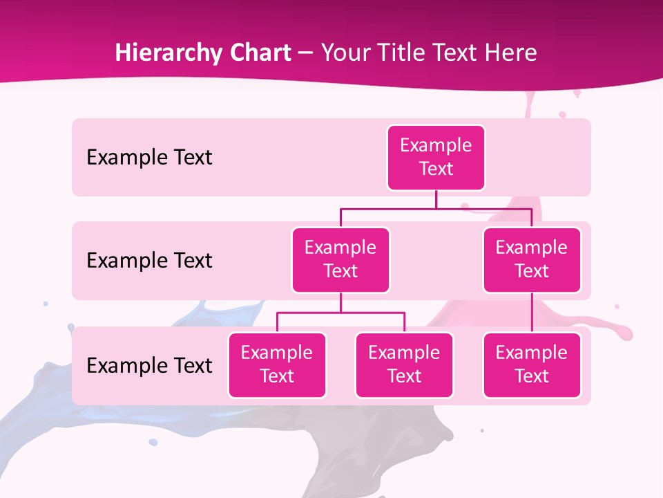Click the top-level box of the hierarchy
tap(436, 158)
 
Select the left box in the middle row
tap(340, 260)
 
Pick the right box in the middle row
tap(532, 260)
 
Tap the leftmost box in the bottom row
tap(277, 365)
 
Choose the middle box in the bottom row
tap(404, 365)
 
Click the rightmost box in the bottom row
tap(532, 365)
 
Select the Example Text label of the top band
tap(149, 158)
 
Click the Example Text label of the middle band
tap(149, 261)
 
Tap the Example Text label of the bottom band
tap(149, 365)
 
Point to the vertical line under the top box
tap(436, 199)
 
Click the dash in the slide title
tap(306, 53)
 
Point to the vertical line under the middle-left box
tap(340, 302)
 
